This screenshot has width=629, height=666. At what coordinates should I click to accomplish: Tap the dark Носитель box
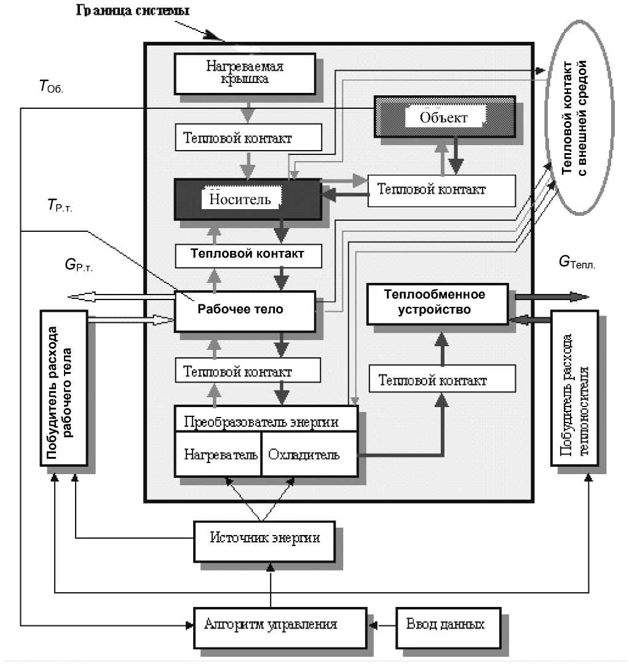247,199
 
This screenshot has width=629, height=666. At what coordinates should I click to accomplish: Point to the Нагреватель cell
218,456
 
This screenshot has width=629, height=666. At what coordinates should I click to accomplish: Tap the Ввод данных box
445,625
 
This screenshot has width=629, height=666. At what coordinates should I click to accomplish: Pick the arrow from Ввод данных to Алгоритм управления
382,625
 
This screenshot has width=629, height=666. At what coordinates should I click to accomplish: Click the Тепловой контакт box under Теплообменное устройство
441,381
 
